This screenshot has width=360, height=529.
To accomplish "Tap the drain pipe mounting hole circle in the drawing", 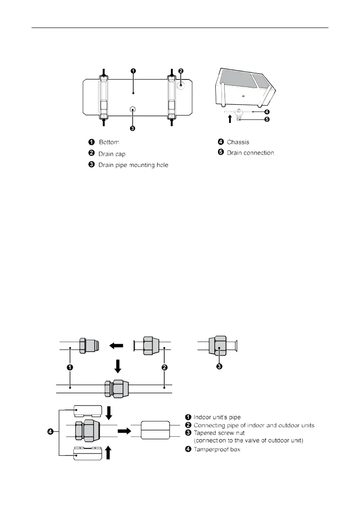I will tap(132, 109).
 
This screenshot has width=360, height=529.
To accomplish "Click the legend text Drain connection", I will tap(250, 153).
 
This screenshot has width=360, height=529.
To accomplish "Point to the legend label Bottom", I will tap(109, 142).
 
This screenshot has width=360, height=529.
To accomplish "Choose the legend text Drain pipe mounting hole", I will tap(134, 165).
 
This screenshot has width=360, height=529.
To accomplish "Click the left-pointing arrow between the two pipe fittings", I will tap(117, 345).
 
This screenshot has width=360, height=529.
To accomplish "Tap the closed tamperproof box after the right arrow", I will tap(155, 431).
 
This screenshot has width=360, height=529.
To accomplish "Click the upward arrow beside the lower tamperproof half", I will tap(110, 453).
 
